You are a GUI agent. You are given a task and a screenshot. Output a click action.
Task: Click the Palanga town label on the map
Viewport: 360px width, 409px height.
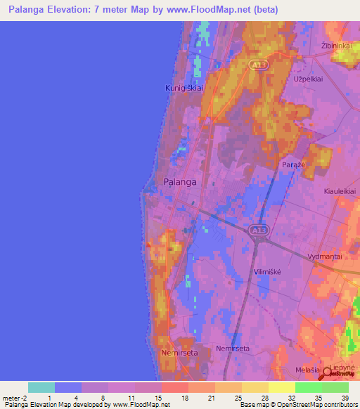[179, 181]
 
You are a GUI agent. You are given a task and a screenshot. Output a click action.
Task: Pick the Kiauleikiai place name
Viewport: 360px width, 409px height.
[339, 191]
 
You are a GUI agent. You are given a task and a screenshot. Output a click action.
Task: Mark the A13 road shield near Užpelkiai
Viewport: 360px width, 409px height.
[257, 64]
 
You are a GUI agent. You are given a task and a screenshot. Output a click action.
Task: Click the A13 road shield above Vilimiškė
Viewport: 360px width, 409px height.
[257, 230]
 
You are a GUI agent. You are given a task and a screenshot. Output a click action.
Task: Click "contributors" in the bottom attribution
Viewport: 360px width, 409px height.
[338, 405]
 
